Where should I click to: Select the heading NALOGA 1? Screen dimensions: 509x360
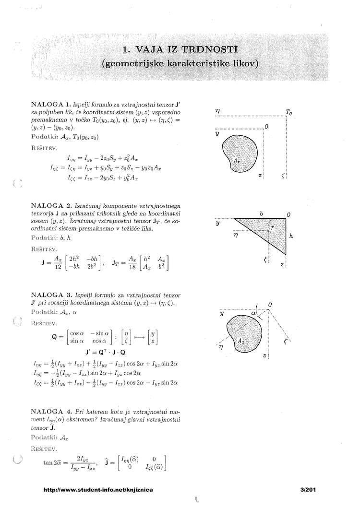tap(51, 103)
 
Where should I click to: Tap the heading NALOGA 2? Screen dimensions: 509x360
tap(51, 205)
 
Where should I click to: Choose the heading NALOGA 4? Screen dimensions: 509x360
tap(51, 412)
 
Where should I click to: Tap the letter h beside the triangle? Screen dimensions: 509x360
tap(291, 237)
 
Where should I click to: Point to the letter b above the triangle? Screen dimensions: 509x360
tap(261, 213)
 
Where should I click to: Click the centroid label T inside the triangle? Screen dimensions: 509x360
tap(272, 228)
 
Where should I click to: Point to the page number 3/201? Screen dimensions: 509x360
tap(306, 490)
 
